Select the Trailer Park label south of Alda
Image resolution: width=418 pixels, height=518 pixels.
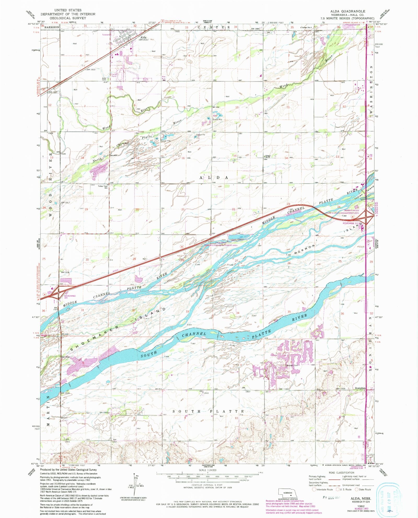tap(114, 76)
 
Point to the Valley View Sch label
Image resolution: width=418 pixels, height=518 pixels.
tap(103, 187)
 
